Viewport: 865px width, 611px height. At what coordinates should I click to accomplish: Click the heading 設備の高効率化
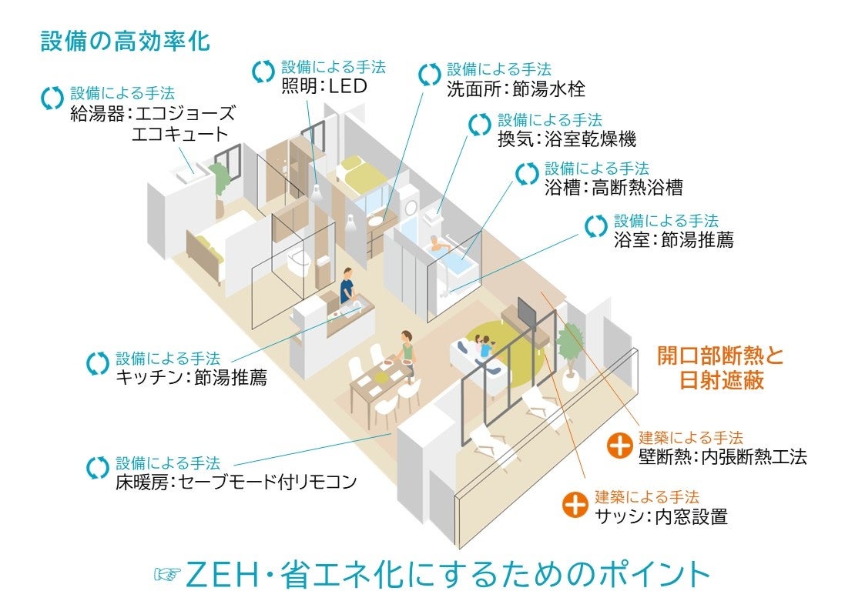[125, 42]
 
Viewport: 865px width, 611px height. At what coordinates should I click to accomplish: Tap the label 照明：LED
[324, 87]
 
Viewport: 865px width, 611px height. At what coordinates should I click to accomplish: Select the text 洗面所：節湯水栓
[515, 89]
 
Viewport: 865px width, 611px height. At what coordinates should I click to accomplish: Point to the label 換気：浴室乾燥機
[566, 140]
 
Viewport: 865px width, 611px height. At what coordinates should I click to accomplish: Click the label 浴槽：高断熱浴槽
[613, 188]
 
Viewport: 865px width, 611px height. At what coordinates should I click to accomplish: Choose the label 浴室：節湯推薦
[673, 240]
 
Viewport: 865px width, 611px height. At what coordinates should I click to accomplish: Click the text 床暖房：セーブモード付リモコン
[236, 482]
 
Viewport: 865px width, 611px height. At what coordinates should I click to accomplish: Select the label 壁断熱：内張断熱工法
[723, 457]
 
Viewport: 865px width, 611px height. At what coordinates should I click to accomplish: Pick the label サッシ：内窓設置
[661, 516]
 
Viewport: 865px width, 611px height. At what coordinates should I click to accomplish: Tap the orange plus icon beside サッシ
[575, 506]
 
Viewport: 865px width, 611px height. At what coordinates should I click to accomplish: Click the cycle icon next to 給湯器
[52, 98]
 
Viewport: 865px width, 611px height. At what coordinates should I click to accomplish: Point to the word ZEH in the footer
[223, 575]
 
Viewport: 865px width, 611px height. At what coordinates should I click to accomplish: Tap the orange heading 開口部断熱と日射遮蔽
[719, 368]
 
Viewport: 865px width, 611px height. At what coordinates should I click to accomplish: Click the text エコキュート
[179, 134]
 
